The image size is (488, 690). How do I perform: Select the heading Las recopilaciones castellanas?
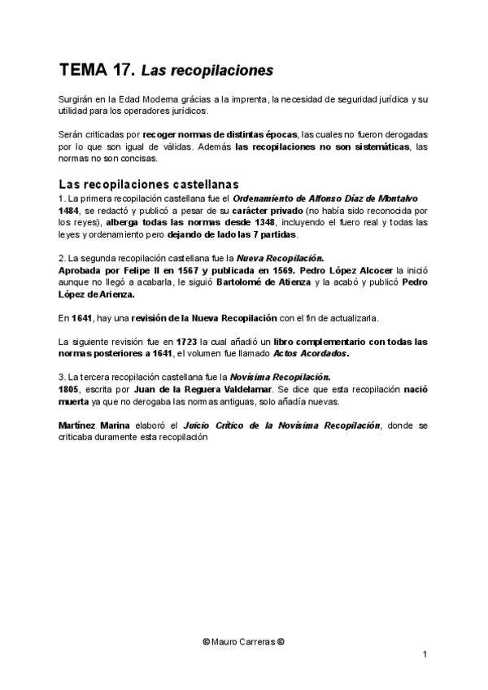point(149,184)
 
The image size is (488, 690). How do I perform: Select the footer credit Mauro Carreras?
point(244,641)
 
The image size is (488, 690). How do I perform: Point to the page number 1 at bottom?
point(425,655)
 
